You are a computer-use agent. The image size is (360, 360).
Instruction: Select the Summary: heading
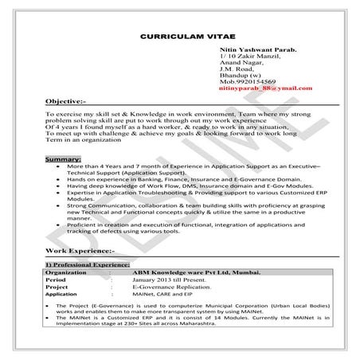coord(63,160)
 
